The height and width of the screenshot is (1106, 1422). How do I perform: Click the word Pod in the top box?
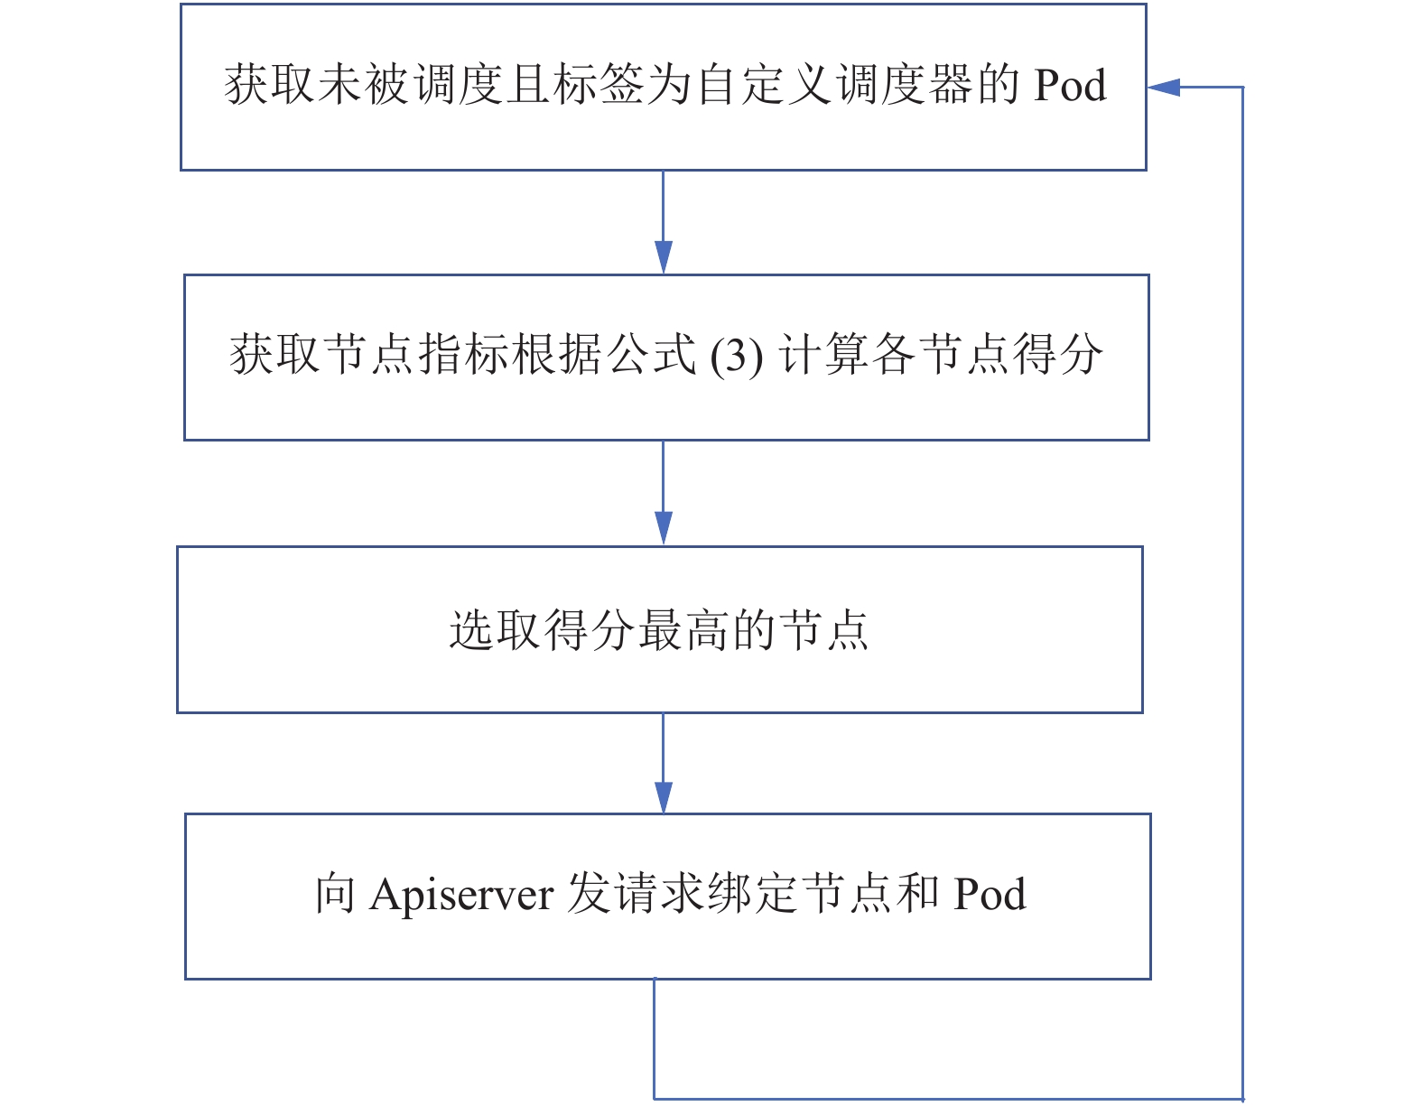1070,85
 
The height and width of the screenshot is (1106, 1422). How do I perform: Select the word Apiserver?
462,896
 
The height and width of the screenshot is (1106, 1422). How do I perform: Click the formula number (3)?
736,356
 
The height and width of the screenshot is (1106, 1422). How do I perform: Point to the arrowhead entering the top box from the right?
1164,87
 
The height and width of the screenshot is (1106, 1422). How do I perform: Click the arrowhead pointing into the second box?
664,257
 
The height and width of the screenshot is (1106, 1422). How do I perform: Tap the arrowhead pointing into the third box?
664,528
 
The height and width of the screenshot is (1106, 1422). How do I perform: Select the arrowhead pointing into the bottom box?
664,798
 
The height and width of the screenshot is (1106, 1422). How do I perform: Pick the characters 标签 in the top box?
598,85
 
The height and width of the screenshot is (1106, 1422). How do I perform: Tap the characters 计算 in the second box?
823,354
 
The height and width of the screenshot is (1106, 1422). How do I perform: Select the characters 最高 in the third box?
683,630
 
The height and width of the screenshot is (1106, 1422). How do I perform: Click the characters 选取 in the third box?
494,630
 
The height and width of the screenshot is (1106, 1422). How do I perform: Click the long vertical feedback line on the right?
1242,593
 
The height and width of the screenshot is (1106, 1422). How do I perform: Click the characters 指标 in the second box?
462,354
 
